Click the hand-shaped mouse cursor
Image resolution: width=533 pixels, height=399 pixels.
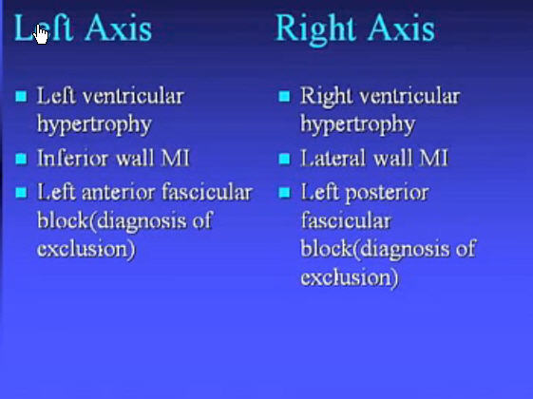[41, 34]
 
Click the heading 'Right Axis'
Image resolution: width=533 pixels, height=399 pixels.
[355, 28]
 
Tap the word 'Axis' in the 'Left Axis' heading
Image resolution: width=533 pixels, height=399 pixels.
[118, 28]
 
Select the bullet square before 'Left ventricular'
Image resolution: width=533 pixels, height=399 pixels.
[21, 96]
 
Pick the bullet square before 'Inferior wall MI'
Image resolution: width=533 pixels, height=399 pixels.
[21, 159]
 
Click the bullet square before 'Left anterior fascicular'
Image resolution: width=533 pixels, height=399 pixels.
[21, 192]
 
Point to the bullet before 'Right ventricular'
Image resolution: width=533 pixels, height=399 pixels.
[284, 96]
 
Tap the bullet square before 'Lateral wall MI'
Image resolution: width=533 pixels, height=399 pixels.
[284, 159]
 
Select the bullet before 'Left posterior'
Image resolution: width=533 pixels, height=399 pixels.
[284, 192]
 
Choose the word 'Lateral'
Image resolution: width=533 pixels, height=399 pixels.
[333, 158]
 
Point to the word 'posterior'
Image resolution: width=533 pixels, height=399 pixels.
[387, 194]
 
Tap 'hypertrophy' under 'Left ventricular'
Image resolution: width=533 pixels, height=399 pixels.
[94, 124]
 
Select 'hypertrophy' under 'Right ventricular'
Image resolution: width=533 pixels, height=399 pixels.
[357, 124]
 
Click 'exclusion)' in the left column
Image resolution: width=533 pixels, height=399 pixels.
[86, 249]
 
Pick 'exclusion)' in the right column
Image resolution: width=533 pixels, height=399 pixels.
[350, 277]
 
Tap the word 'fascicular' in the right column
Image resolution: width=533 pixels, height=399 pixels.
[346, 220]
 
